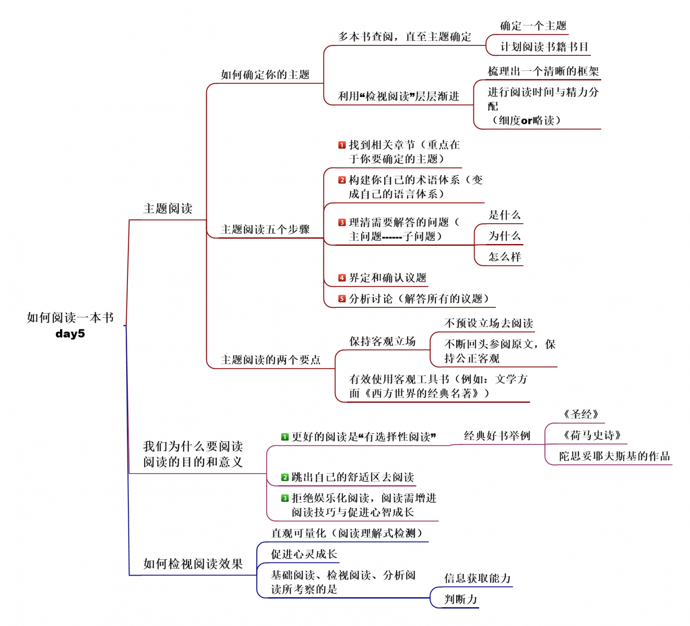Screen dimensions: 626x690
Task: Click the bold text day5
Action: pos(70,334)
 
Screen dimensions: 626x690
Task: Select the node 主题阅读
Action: pos(168,209)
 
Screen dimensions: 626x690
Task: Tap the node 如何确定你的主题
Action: pos(265,75)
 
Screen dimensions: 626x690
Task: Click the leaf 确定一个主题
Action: pos(533,26)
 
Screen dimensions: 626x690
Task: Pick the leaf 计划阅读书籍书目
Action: pos(544,47)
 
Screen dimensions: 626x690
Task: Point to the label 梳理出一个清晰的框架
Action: pos(543,71)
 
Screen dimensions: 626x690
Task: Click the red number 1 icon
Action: pos(342,145)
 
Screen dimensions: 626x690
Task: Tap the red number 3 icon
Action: pos(342,222)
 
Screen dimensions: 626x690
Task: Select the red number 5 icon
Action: pos(342,299)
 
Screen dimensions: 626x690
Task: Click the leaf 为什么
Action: pos(504,236)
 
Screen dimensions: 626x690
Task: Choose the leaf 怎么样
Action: pos(504,257)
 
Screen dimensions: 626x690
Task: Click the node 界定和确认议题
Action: pos(387,278)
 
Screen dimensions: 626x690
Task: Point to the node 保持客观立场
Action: pos(382,342)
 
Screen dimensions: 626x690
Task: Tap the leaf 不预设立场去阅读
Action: pos(489,323)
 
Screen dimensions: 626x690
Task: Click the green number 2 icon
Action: pos(284,477)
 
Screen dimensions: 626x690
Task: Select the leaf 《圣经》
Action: pos(580,415)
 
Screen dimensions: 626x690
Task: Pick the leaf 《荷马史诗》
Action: pos(591,436)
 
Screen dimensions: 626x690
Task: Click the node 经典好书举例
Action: pos(497,436)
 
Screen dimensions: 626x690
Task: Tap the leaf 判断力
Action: pos(460,599)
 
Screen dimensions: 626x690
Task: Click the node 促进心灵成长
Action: pos(304,555)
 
